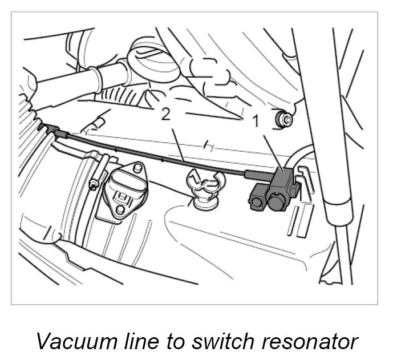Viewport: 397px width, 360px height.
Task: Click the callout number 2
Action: pos(166,115)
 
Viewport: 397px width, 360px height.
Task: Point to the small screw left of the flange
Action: pos(92,184)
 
